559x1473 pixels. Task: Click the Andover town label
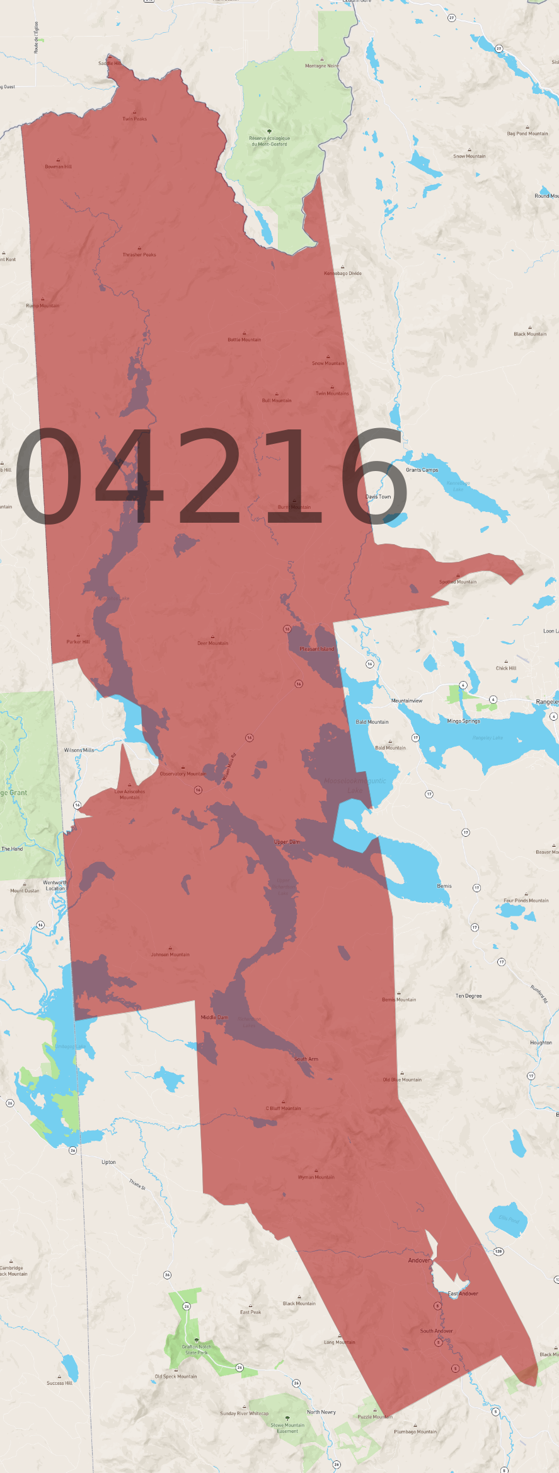[x=418, y=1260]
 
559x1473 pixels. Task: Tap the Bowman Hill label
[x=58, y=166]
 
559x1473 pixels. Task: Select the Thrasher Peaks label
[x=139, y=255]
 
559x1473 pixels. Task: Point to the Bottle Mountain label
[x=245, y=339]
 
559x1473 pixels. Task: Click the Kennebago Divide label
[x=343, y=273]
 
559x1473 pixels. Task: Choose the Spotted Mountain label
[x=458, y=581]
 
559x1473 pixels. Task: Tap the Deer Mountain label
[x=213, y=643]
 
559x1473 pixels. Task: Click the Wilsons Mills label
[x=79, y=750]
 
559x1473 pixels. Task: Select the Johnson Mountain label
[x=170, y=954]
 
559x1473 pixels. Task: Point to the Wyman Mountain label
[x=316, y=1177]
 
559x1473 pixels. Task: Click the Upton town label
[x=108, y=1162]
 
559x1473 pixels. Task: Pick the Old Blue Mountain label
[x=402, y=1079]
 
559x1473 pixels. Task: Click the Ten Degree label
[x=468, y=996]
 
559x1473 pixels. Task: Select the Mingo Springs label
[x=463, y=721]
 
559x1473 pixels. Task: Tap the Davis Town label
[x=378, y=496]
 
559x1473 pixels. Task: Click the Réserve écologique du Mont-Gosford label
[x=270, y=141]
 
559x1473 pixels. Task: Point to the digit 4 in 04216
[x=129, y=476]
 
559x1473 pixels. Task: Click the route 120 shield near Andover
[x=498, y=1251]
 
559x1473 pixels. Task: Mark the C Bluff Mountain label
[x=283, y=1108]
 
